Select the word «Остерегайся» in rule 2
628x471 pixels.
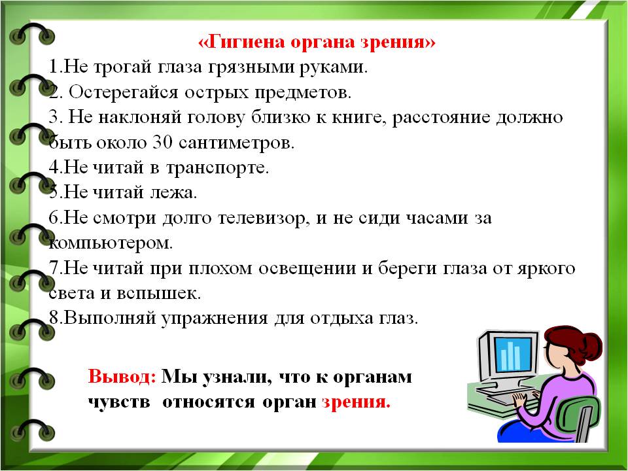click(x=123, y=93)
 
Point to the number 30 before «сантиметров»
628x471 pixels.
click(x=163, y=143)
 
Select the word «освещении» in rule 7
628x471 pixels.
click(x=307, y=269)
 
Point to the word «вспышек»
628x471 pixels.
click(x=158, y=294)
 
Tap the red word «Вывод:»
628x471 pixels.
click(x=122, y=377)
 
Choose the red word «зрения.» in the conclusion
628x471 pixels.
click(x=356, y=402)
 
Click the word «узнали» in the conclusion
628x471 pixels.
click(x=235, y=377)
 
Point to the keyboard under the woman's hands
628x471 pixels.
click(x=510, y=397)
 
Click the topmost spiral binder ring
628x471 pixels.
click(x=32, y=34)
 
